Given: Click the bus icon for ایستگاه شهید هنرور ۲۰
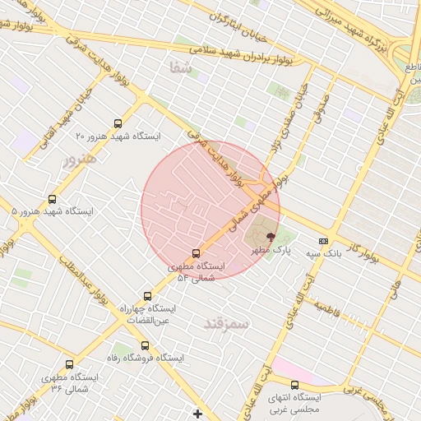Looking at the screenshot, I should click(118, 123).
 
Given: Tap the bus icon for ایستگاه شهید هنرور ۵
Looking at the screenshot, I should click(53, 199).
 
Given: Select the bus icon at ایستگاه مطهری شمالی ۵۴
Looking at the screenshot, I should click(196, 253).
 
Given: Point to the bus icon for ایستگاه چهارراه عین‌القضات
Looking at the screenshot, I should click(148, 296).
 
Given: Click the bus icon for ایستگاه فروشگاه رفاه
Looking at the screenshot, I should click(146, 346).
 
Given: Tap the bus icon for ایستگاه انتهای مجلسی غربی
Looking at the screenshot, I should click(294, 385).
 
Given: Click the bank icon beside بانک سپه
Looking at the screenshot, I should click(323, 241).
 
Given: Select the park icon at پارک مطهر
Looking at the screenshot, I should click(271, 236).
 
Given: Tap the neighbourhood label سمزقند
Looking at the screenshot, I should click(226, 324).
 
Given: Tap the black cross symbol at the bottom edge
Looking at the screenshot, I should click(197, 413).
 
